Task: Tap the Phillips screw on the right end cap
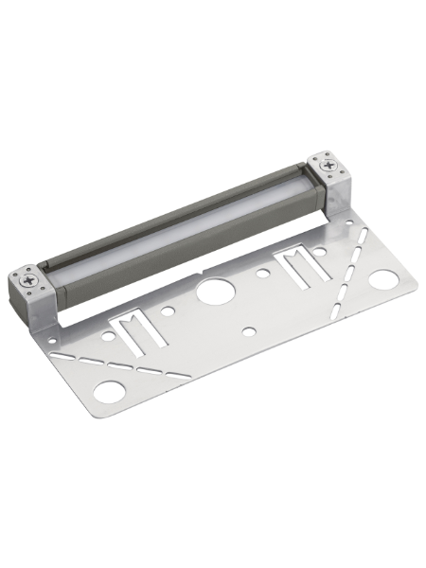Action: pos(328,166)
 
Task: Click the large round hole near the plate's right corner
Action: pos(382,280)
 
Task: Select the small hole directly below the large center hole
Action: pos(248,330)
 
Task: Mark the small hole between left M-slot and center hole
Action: pos(167,310)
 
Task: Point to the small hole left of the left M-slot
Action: pos(108,335)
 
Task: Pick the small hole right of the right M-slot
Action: pos(321,253)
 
